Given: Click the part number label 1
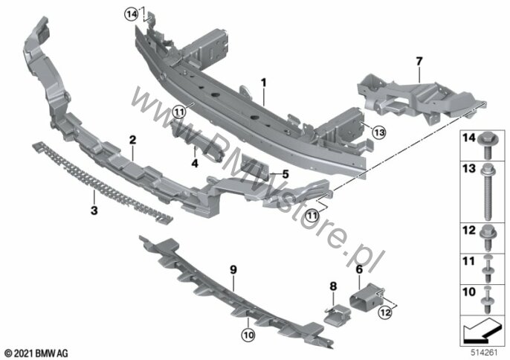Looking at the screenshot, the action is point(263,83).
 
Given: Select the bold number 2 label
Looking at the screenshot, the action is point(132,140).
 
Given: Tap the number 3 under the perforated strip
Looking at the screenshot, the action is point(94,210).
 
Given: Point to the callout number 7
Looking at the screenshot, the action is point(419,61).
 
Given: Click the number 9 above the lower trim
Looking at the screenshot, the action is point(233,270).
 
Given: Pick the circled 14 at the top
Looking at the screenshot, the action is point(132,14).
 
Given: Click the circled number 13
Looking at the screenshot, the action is point(379,132).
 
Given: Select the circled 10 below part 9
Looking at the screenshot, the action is point(248,335).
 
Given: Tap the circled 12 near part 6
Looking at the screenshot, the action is point(385,313).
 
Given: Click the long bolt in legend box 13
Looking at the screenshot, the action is point(488,192).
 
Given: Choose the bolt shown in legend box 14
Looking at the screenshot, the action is point(487,146).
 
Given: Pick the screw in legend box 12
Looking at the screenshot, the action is point(487,239).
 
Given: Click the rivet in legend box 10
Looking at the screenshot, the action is point(487,300).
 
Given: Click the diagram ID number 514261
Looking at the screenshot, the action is point(485,353).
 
